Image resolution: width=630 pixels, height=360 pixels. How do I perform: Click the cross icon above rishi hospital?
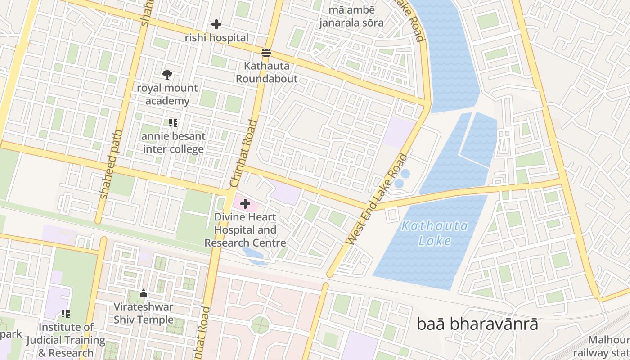216,24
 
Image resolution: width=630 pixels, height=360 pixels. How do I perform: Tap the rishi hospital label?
216,38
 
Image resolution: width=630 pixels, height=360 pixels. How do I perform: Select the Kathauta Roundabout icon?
266,53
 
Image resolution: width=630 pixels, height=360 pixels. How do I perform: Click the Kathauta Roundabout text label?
266,72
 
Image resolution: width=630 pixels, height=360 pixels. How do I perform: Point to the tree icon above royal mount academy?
167,74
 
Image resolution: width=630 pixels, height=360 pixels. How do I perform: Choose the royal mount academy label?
167,94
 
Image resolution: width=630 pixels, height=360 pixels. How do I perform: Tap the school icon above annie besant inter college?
173,122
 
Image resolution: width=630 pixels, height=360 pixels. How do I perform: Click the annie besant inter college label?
173,143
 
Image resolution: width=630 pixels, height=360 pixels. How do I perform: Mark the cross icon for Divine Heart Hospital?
245,204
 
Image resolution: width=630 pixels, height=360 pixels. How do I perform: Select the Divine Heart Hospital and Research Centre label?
245,230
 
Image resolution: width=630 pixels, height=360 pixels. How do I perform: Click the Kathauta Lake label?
434,233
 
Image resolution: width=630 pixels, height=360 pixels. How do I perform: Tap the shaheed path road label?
111,165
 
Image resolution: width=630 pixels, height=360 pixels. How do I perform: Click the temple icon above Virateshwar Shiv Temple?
144,294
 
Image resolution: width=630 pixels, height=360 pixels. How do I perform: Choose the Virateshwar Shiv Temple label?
144,313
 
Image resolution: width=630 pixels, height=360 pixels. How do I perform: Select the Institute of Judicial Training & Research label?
66,340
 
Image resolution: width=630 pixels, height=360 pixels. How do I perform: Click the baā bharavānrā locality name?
477,324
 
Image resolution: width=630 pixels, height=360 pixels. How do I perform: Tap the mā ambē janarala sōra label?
351,16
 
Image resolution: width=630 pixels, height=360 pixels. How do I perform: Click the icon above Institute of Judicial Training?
66,313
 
